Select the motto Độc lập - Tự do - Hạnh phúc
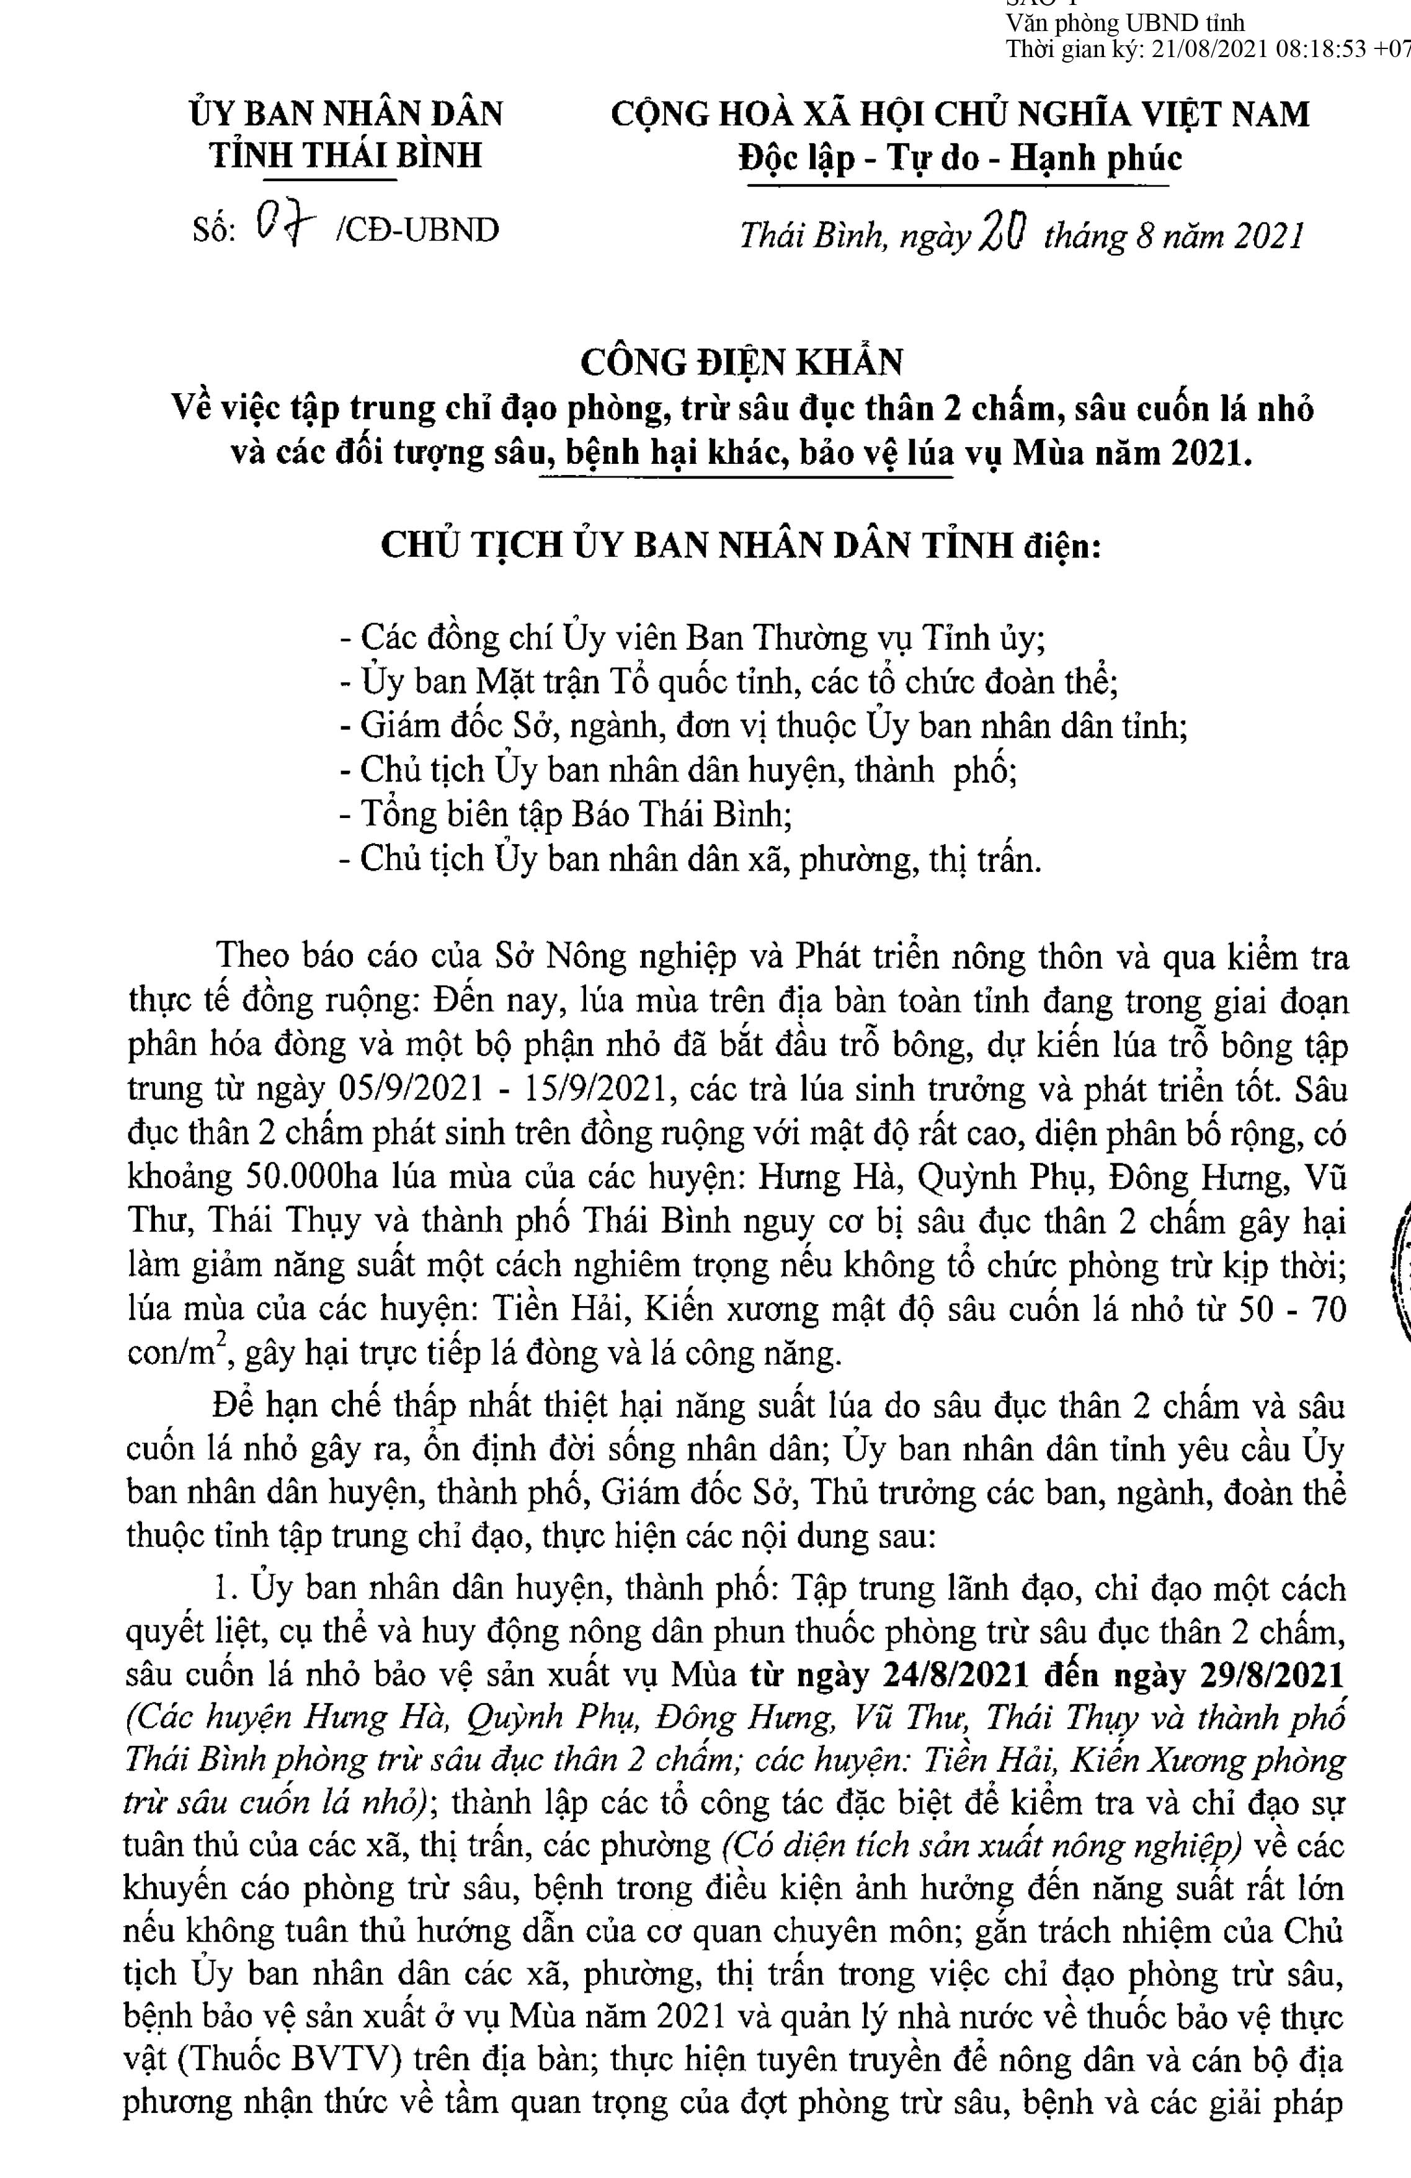(x=960, y=158)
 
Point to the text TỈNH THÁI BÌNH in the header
(x=346, y=156)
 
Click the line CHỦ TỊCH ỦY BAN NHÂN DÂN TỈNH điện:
(x=741, y=546)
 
